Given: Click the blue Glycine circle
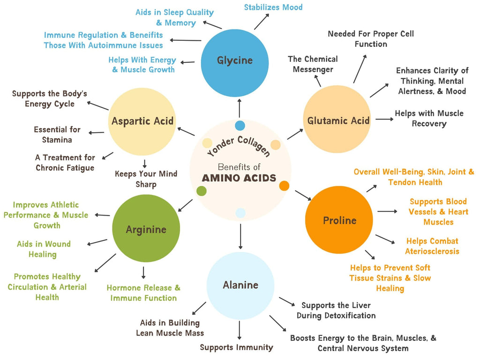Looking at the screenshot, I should tap(234, 61).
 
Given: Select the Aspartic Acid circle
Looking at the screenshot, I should tap(142, 121).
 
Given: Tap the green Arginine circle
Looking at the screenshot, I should tap(146, 229).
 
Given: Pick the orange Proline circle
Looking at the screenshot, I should tap(339, 220).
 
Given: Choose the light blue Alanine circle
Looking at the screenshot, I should tap(240, 285).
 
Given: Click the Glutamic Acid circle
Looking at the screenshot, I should tap(338, 120).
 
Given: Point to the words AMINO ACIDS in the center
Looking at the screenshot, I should tap(239, 178).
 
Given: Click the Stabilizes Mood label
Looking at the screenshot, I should tap(273, 7).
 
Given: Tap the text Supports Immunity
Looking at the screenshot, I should tap(236, 347).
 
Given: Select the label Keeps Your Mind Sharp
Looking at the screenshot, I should tap(146, 179).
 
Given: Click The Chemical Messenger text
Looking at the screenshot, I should tap(312, 64).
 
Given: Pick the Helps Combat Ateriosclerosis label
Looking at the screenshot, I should tap(432, 246).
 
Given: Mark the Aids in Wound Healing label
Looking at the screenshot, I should tap(43, 249).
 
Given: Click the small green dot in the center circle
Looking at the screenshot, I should tap(202, 191).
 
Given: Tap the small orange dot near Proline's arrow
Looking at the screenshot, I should tap(284, 186).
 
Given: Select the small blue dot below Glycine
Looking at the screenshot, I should tap(240, 125).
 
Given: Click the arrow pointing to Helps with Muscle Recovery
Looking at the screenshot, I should tap(384, 119).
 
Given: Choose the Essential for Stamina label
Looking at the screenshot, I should tap(57, 135).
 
